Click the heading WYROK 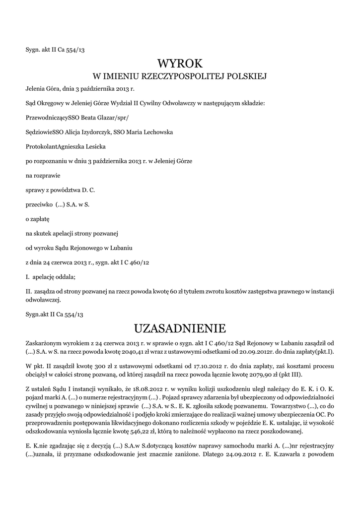(180, 63)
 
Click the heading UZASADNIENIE (180, 328)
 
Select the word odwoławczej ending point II (43, 300)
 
